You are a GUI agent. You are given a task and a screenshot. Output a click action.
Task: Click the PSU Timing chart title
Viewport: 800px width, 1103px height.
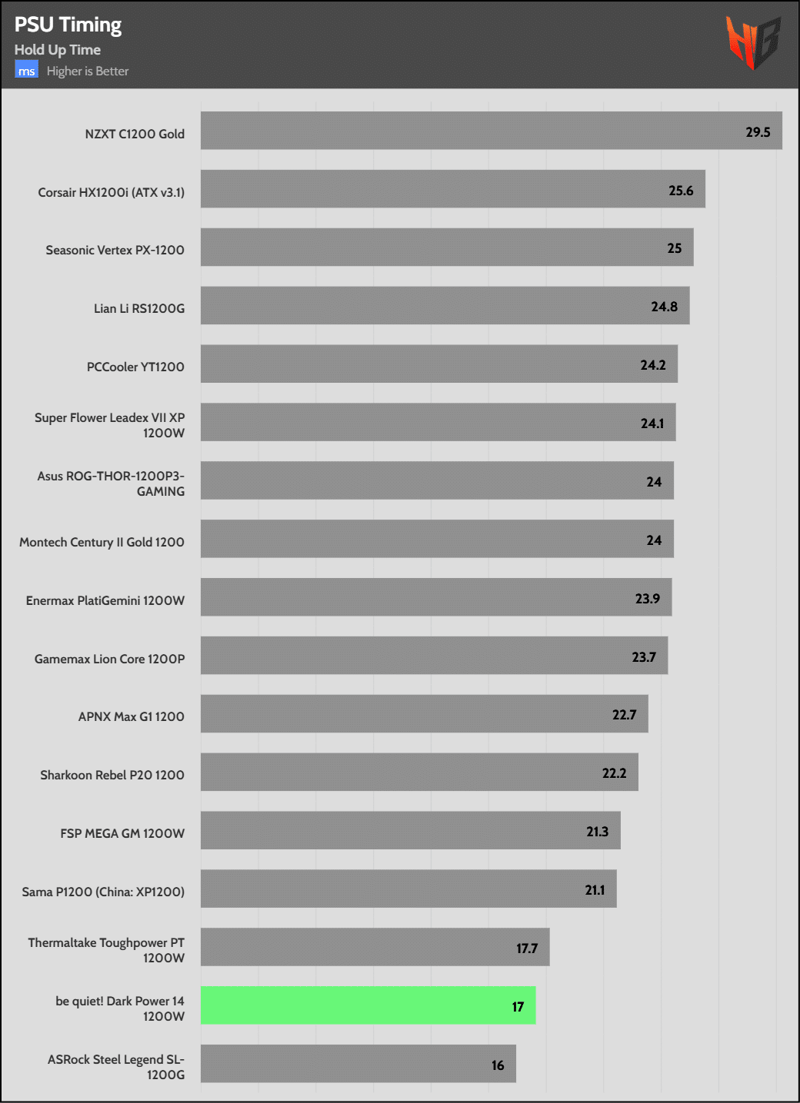[x=68, y=25]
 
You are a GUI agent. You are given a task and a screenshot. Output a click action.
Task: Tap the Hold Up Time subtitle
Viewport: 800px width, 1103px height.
[x=58, y=50]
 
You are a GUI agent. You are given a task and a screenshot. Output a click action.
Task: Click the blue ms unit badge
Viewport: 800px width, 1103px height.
[x=26, y=71]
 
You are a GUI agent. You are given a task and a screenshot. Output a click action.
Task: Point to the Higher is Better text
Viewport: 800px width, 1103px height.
[x=88, y=71]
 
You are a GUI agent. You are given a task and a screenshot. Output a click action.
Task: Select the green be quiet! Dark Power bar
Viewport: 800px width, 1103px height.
[x=368, y=1005]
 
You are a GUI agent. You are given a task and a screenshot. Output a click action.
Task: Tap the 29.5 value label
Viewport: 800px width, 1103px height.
[x=758, y=132]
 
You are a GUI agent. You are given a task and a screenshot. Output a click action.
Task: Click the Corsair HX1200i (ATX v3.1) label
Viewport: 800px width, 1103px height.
[x=112, y=192]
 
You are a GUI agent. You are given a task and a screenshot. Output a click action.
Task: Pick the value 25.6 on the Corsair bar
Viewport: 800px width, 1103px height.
[x=681, y=191]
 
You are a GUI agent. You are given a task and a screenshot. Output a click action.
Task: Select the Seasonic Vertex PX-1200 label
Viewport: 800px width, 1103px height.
[x=115, y=250]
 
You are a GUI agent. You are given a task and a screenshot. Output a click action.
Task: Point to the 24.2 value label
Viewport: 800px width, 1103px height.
[x=653, y=365]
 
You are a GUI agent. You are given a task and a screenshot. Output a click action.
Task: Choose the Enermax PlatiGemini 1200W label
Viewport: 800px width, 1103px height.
[x=105, y=600]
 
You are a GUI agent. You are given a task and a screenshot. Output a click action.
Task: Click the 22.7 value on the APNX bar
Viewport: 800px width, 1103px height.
[x=624, y=715]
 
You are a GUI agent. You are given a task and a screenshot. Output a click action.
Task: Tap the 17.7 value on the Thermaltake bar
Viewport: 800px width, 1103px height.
[x=527, y=949]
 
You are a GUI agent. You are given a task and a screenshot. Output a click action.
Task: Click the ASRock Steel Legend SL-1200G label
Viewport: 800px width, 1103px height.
[x=116, y=1067]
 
